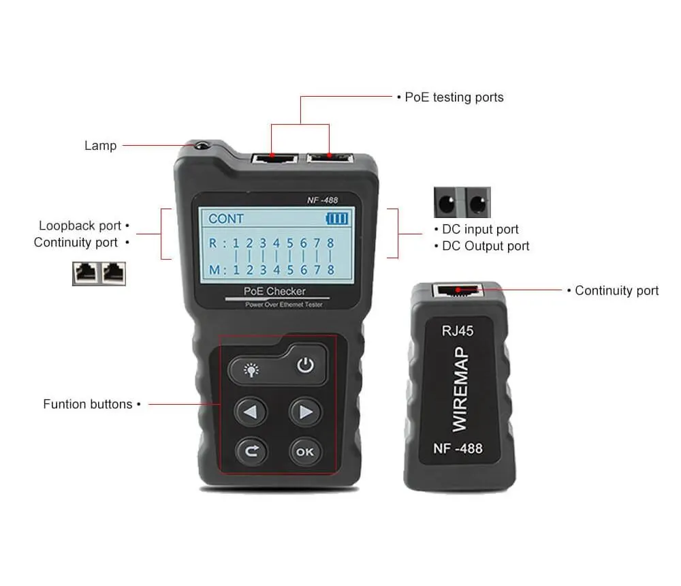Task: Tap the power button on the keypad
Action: click(305, 365)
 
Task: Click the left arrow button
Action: click(251, 412)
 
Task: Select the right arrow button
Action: click(305, 412)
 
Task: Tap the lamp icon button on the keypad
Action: click(251, 370)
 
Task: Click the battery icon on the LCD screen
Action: click(337, 218)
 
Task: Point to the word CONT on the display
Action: click(226, 219)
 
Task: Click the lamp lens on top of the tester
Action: click(201, 146)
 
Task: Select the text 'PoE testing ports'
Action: click(454, 97)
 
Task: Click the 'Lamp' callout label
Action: click(100, 146)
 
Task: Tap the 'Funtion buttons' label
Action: click(88, 404)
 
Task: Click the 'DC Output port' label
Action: click(486, 246)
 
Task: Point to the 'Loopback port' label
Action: click(80, 226)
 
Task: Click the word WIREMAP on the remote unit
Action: click(460, 389)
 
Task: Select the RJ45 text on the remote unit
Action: click(458, 331)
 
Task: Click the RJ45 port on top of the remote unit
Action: click(458, 290)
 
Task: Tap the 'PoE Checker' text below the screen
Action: click(274, 291)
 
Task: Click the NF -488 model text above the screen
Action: click(322, 200)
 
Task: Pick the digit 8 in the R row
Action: click(330, 243)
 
